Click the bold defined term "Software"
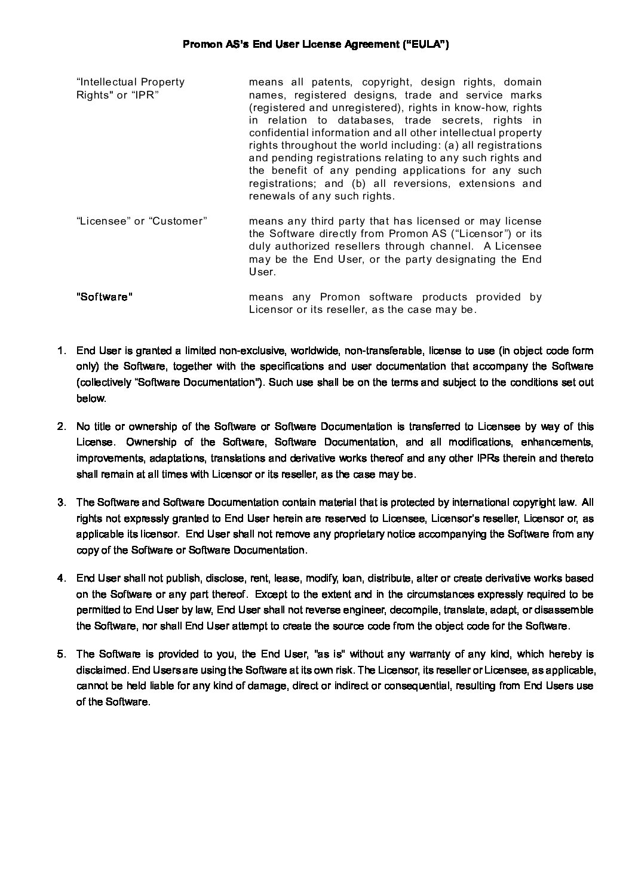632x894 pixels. (105, 297)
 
